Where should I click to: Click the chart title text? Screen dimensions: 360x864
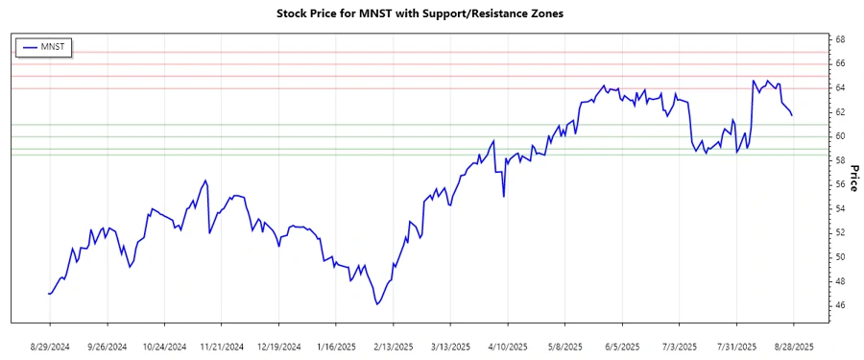(431, 14)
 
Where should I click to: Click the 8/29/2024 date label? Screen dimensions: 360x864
(50, 346)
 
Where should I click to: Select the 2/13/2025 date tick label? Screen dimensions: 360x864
(394, 346)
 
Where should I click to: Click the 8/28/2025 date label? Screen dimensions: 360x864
(793, 346)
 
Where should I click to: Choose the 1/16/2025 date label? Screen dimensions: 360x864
(336, 346)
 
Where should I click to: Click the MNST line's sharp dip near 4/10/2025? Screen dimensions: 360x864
(504, 196)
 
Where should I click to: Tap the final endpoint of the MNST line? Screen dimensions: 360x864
(792, 115)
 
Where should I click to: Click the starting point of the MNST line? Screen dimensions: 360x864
(48, 294)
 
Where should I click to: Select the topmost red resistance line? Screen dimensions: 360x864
(432, 52)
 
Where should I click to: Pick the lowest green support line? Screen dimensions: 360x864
(432, 155)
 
